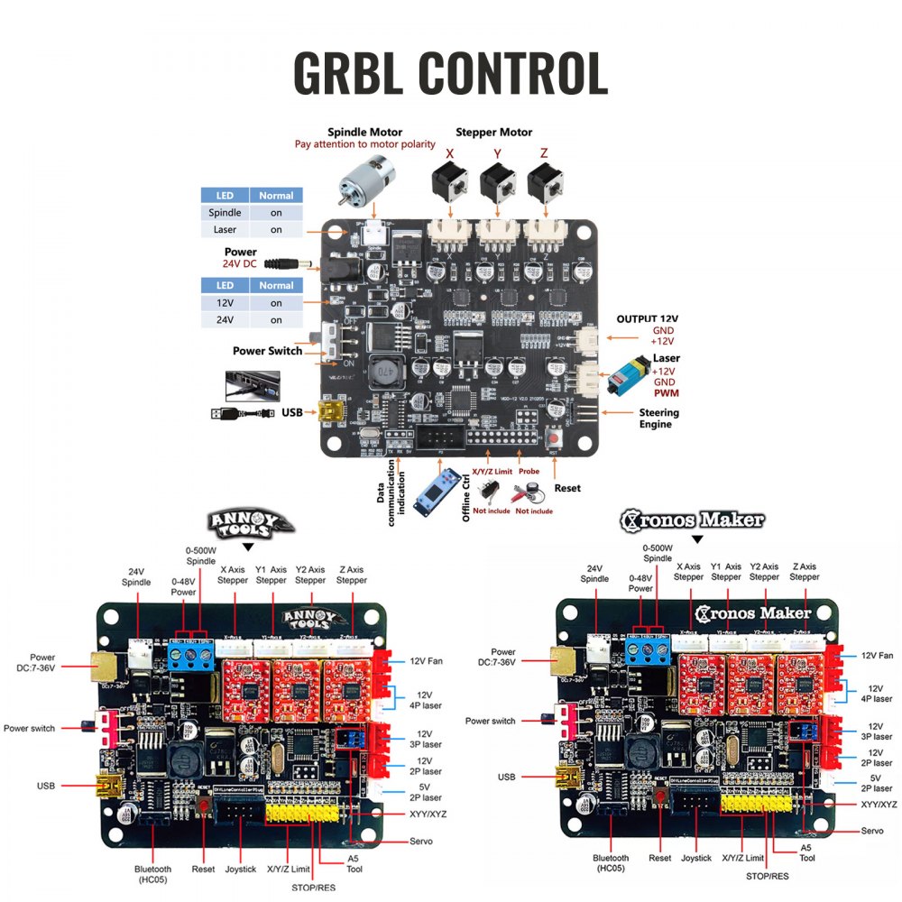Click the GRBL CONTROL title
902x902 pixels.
click(450, 72)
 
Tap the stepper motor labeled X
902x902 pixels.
click(448, 184)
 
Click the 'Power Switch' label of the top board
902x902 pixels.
click(267, 351)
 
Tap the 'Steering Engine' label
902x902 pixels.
click(658, 418)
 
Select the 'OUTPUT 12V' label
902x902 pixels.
click(648, 319)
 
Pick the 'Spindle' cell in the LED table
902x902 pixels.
click(225, 213)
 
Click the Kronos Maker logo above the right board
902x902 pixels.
click(692, 520)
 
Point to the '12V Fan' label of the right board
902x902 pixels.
click(877, 655)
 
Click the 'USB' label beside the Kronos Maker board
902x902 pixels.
click(507, 777)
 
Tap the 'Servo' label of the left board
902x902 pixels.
click(420, 841)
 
